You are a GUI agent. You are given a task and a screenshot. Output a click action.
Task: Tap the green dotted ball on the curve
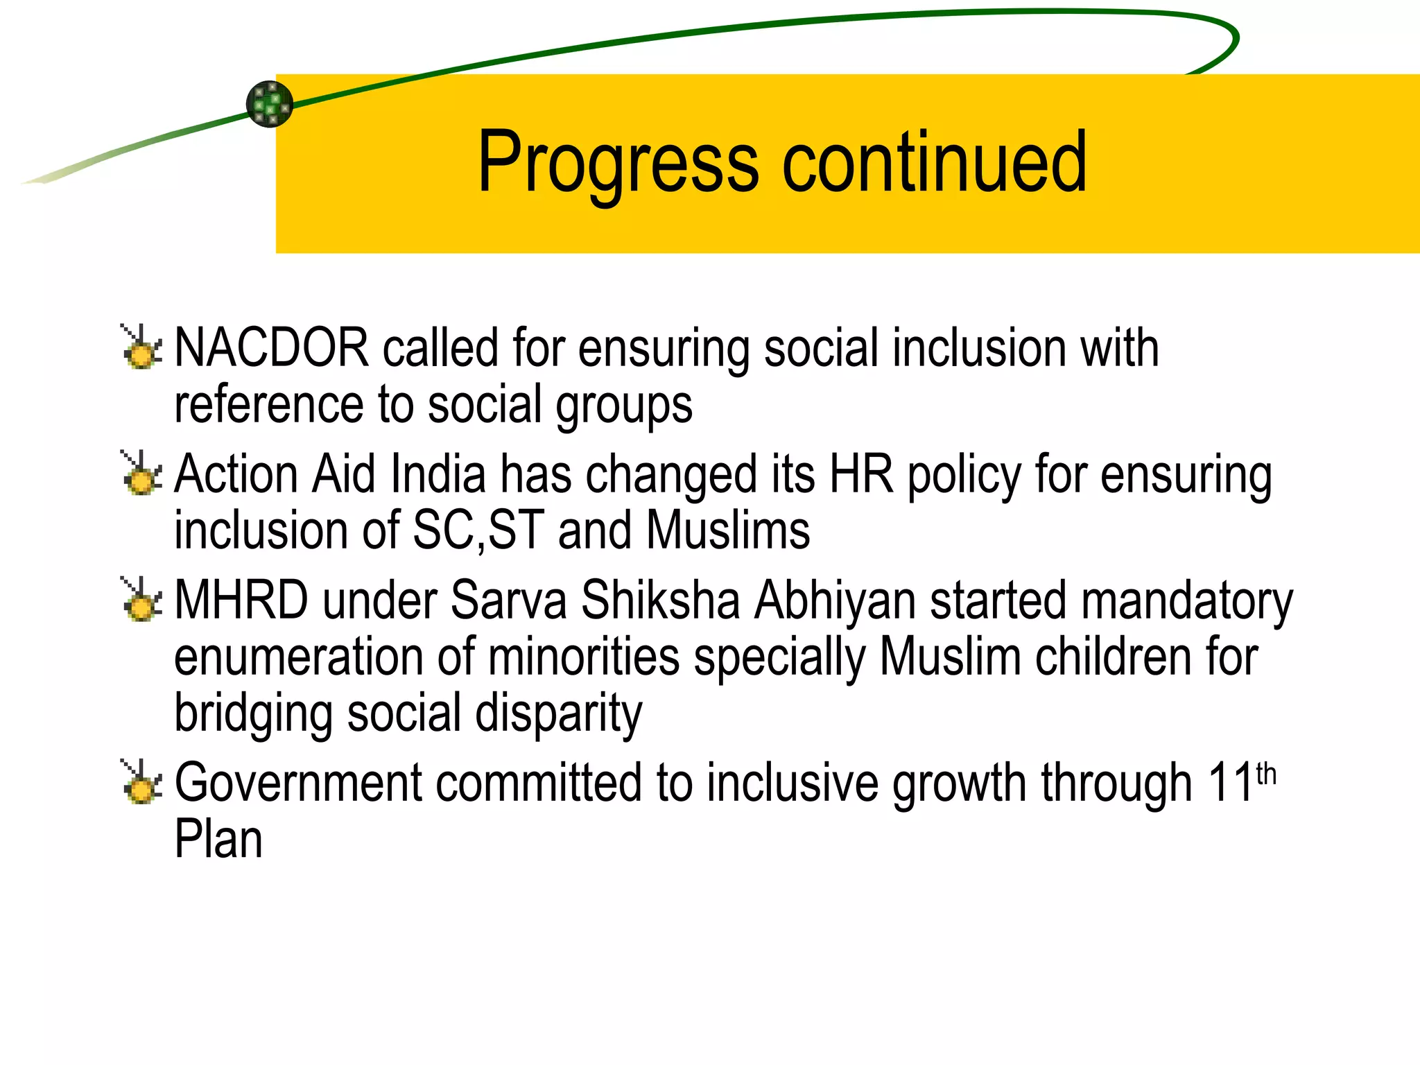[270, 104]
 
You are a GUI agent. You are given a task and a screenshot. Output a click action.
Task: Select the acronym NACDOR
[271, 347]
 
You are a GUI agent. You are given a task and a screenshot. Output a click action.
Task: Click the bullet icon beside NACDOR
[142, 347]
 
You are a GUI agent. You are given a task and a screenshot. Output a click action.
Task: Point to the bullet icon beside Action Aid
[142, 474]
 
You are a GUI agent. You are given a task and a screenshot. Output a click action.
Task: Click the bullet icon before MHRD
[142, 600]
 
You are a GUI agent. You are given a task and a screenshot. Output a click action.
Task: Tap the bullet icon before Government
[142, 782]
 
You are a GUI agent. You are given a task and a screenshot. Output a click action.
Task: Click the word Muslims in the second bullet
[728, 530]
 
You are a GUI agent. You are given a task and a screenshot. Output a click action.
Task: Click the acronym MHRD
[241, 600]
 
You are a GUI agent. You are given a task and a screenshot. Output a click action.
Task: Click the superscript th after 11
[1266, 774]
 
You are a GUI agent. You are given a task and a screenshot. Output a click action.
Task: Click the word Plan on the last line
[218, 840]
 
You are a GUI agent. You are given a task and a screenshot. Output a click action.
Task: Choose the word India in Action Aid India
[438, 474]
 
